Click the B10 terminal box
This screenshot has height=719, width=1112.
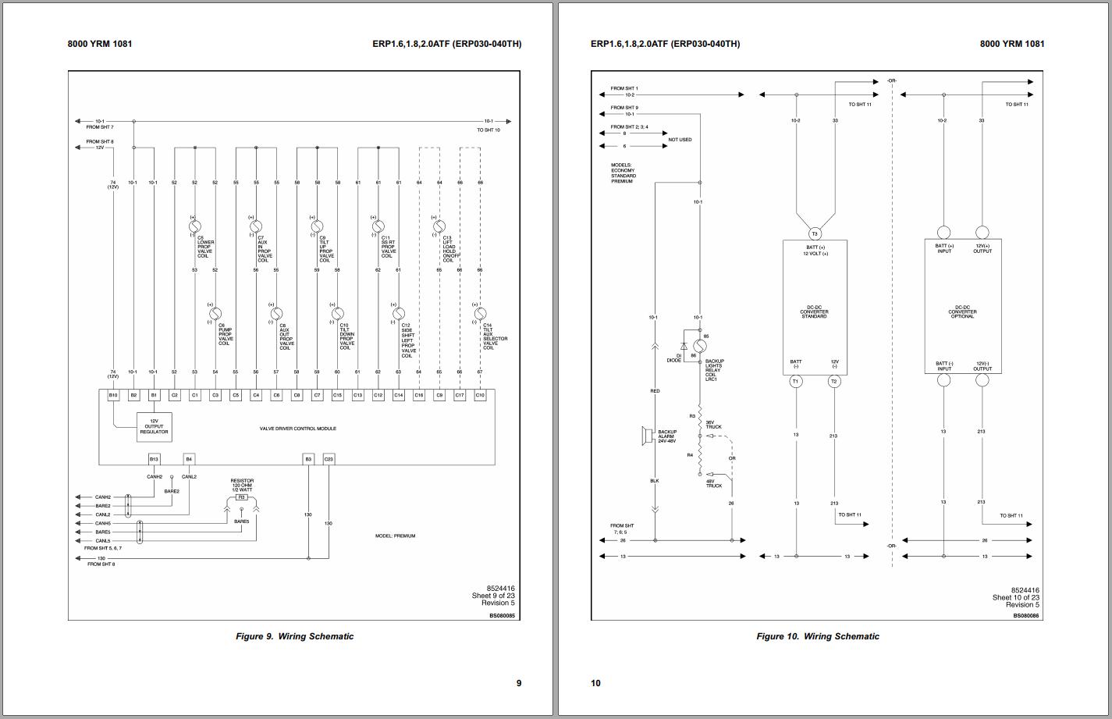tap(113, 396)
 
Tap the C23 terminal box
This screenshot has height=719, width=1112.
tap(329, 459)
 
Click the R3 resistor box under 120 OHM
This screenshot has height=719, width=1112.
tap(242, 497)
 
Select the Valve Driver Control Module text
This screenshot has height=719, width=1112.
tap(298, 429)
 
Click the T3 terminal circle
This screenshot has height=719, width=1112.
tap(815, 233)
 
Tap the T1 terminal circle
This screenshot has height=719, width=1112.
tap(796, 381)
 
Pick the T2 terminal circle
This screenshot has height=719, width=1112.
tap(834, 381)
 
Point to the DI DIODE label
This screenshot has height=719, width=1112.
tap(673, 358)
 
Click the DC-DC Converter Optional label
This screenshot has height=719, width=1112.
tap(962, 311)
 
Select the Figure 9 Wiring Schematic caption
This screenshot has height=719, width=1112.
tap(294, 636)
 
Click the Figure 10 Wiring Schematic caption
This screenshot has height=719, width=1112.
tap(817, 636)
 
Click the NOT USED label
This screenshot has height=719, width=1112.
tap(680, 140)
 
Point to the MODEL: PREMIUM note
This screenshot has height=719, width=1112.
tap(395, 536)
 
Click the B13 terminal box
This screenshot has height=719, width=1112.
tap(154, 459)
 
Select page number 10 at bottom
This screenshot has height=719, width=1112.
tap(595, 683)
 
